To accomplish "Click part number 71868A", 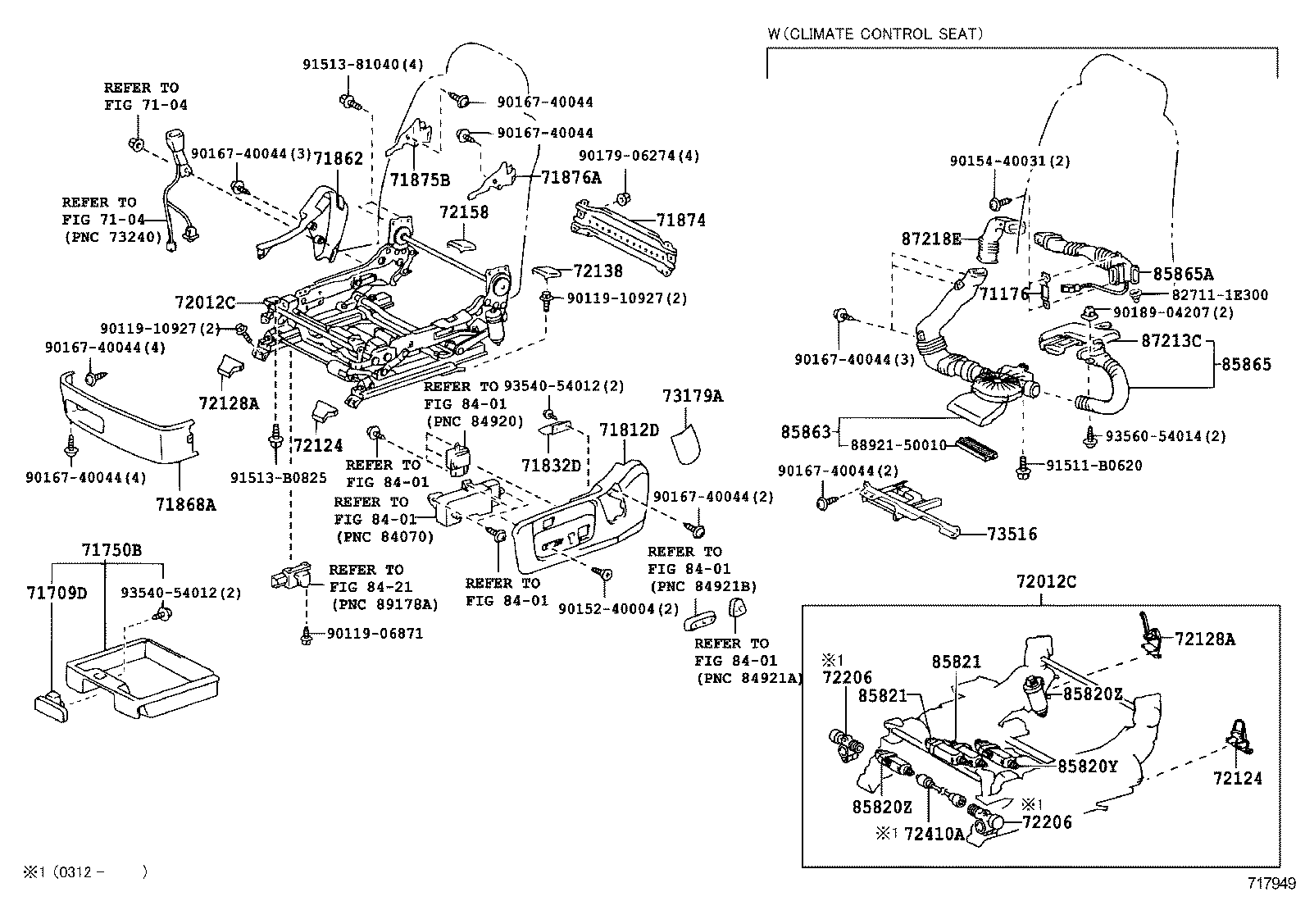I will coord(185,505).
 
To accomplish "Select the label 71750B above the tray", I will coord(111,550).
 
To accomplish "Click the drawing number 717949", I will coord(1271,884).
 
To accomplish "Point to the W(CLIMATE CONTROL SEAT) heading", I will coord(875,34).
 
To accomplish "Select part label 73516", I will coord(1012,535).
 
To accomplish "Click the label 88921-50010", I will coord(898,445).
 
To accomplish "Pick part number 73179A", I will coord(693,397).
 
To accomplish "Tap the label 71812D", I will coord(629,430).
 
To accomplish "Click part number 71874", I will coord(680,221).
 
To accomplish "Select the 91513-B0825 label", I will coord(278,478).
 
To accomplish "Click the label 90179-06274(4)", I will coord(639,156).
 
